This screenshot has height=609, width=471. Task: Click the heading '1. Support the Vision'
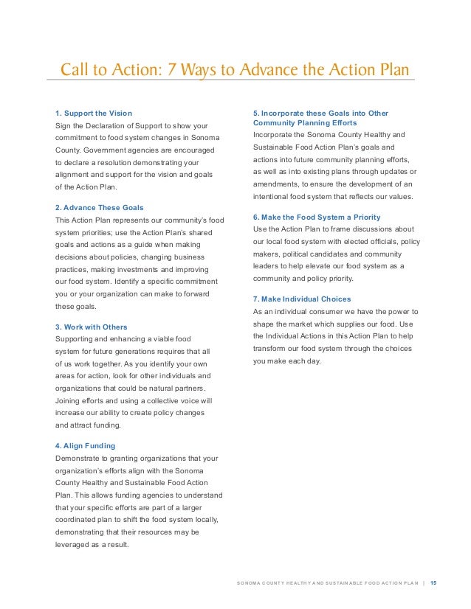pyautogui.click(x=94, y=113)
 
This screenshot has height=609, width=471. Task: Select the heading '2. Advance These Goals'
pyautogui.click(x=100, y=207)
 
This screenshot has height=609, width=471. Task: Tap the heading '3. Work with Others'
pyautogui.click(x=92, y=327)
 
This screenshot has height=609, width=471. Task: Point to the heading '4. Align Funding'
pyautogui.click(x=86, y=446)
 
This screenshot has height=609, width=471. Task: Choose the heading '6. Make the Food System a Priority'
pyautogui.click(x=317, y=217)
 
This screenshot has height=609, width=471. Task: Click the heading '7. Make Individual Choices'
pyautogui.click(x=302, y=299)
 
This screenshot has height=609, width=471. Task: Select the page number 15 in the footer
pyautogui.click(x=433, y=583)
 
